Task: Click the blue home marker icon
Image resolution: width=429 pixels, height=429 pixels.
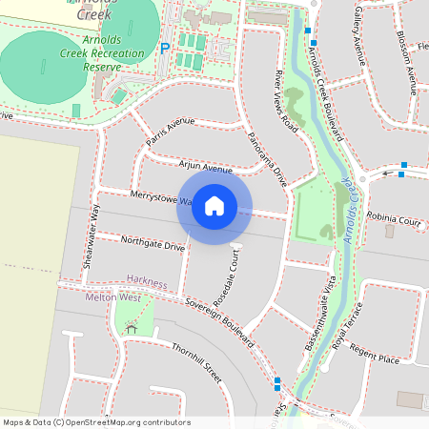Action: tap(214, 206)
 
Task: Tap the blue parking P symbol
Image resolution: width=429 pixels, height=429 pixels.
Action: tap(165, 48)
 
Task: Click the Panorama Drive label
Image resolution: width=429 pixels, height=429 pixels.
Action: tap(267, 153)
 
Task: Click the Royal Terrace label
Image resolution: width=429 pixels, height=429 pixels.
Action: tap(350, 327)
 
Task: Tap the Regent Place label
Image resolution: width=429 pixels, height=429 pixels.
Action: tap(375, 359)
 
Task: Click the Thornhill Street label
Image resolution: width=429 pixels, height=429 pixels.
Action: tap(197, 363)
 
